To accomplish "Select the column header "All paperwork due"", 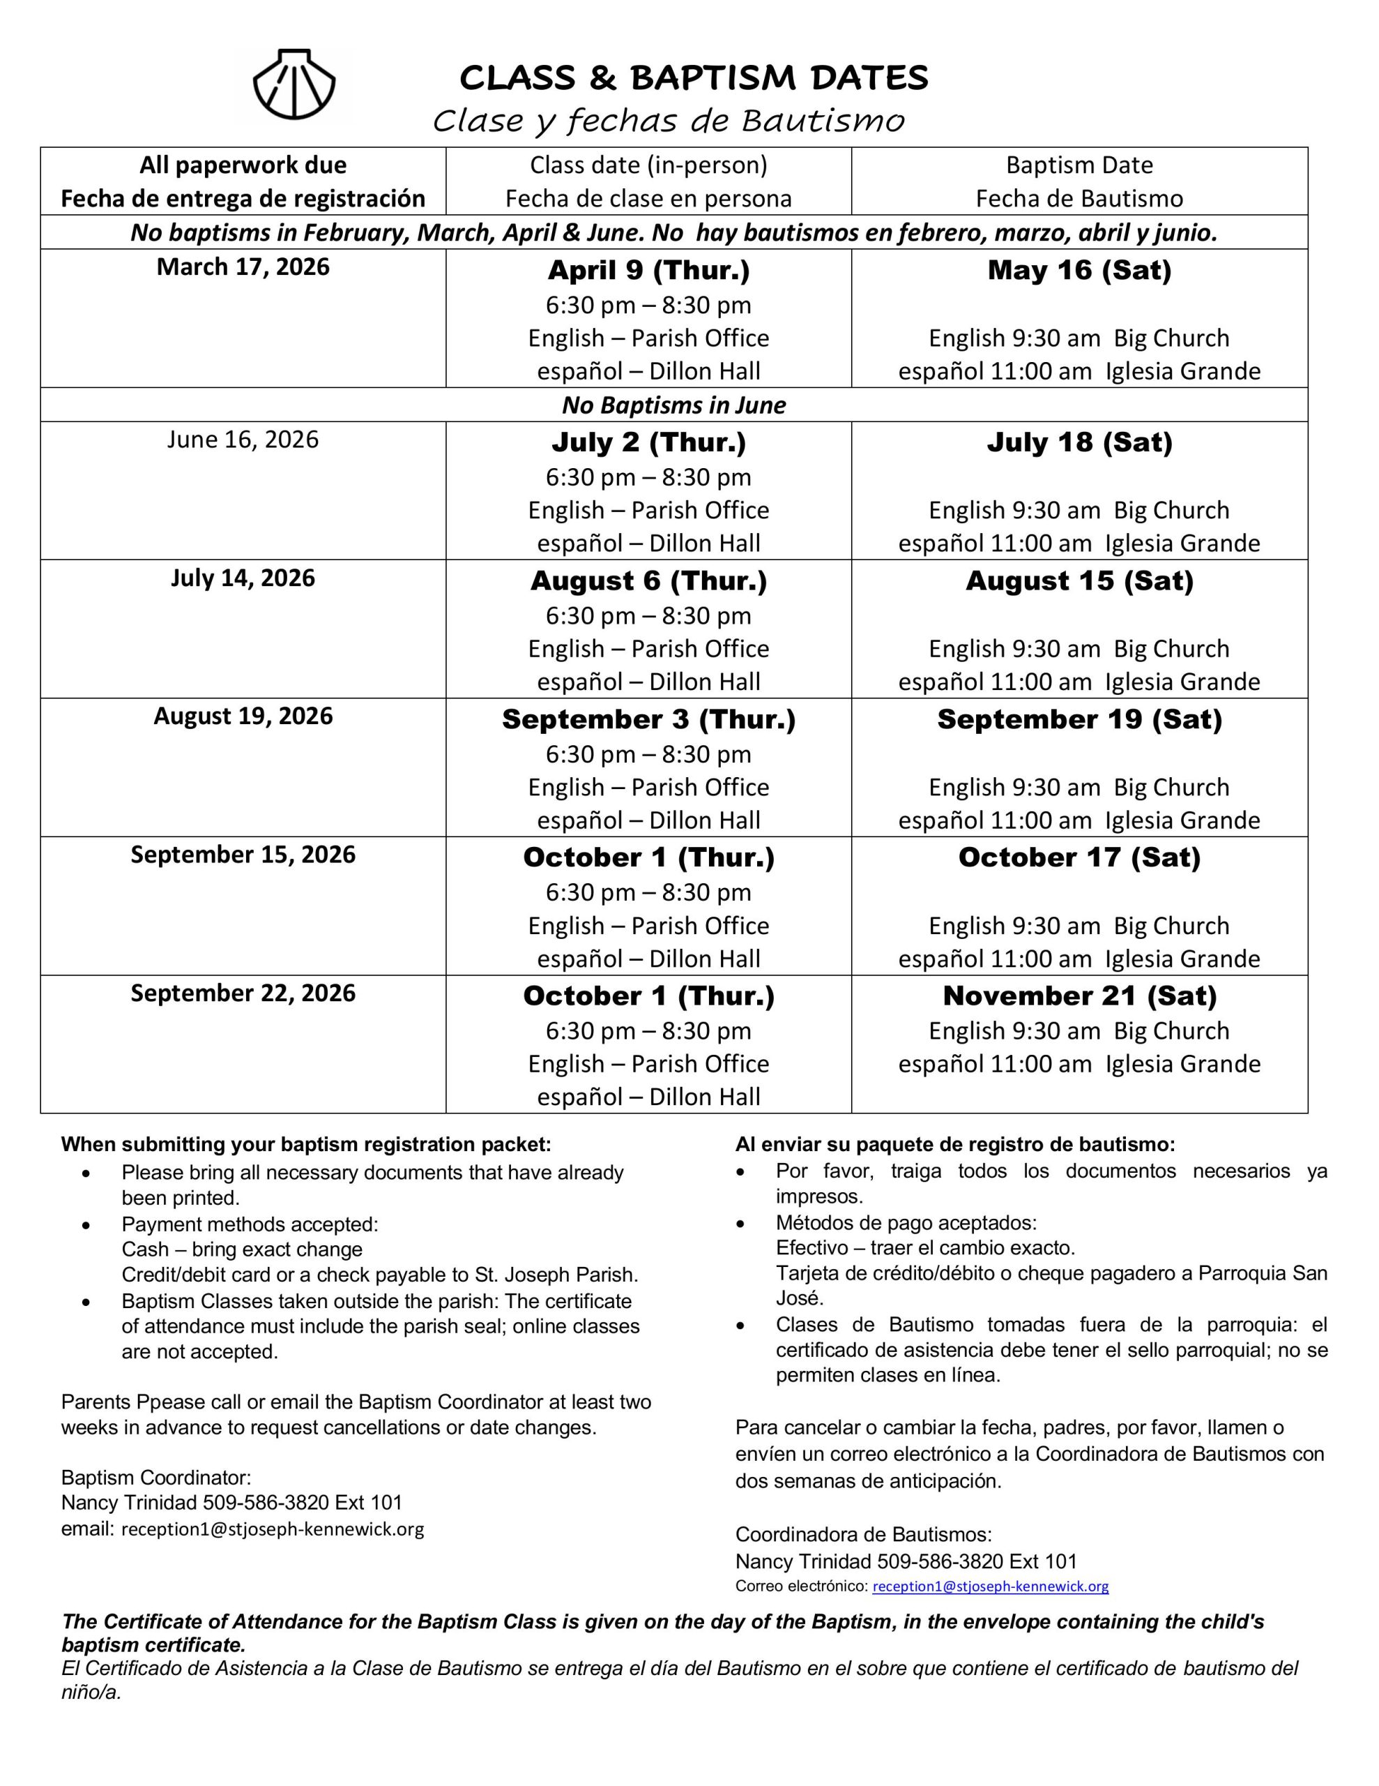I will click(x=243, y=165).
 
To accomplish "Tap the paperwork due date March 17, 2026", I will click(x=243, y=267).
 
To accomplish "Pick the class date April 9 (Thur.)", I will click(x=648, y=271).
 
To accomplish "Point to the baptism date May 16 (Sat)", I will click(x=1079, y=271).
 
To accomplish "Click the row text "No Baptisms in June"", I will click(x=673, y=405).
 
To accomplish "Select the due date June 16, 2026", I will click(x=243, y=440).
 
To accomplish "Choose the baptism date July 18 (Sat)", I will click(x=1079, y=443).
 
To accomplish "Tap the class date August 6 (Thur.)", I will click(x=648, y=581).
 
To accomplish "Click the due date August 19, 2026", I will click(x=243, y=716).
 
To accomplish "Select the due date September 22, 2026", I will click(x=243, y=993).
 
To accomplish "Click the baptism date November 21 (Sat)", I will click(x=1079, y=996).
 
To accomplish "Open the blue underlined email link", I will click(x=990, y=1586).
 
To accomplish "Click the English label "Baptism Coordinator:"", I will click(x=156, y=1478).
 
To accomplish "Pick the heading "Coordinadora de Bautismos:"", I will click(x=863, y=1535).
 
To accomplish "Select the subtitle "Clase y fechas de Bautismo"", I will click(x=668, y=121).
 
